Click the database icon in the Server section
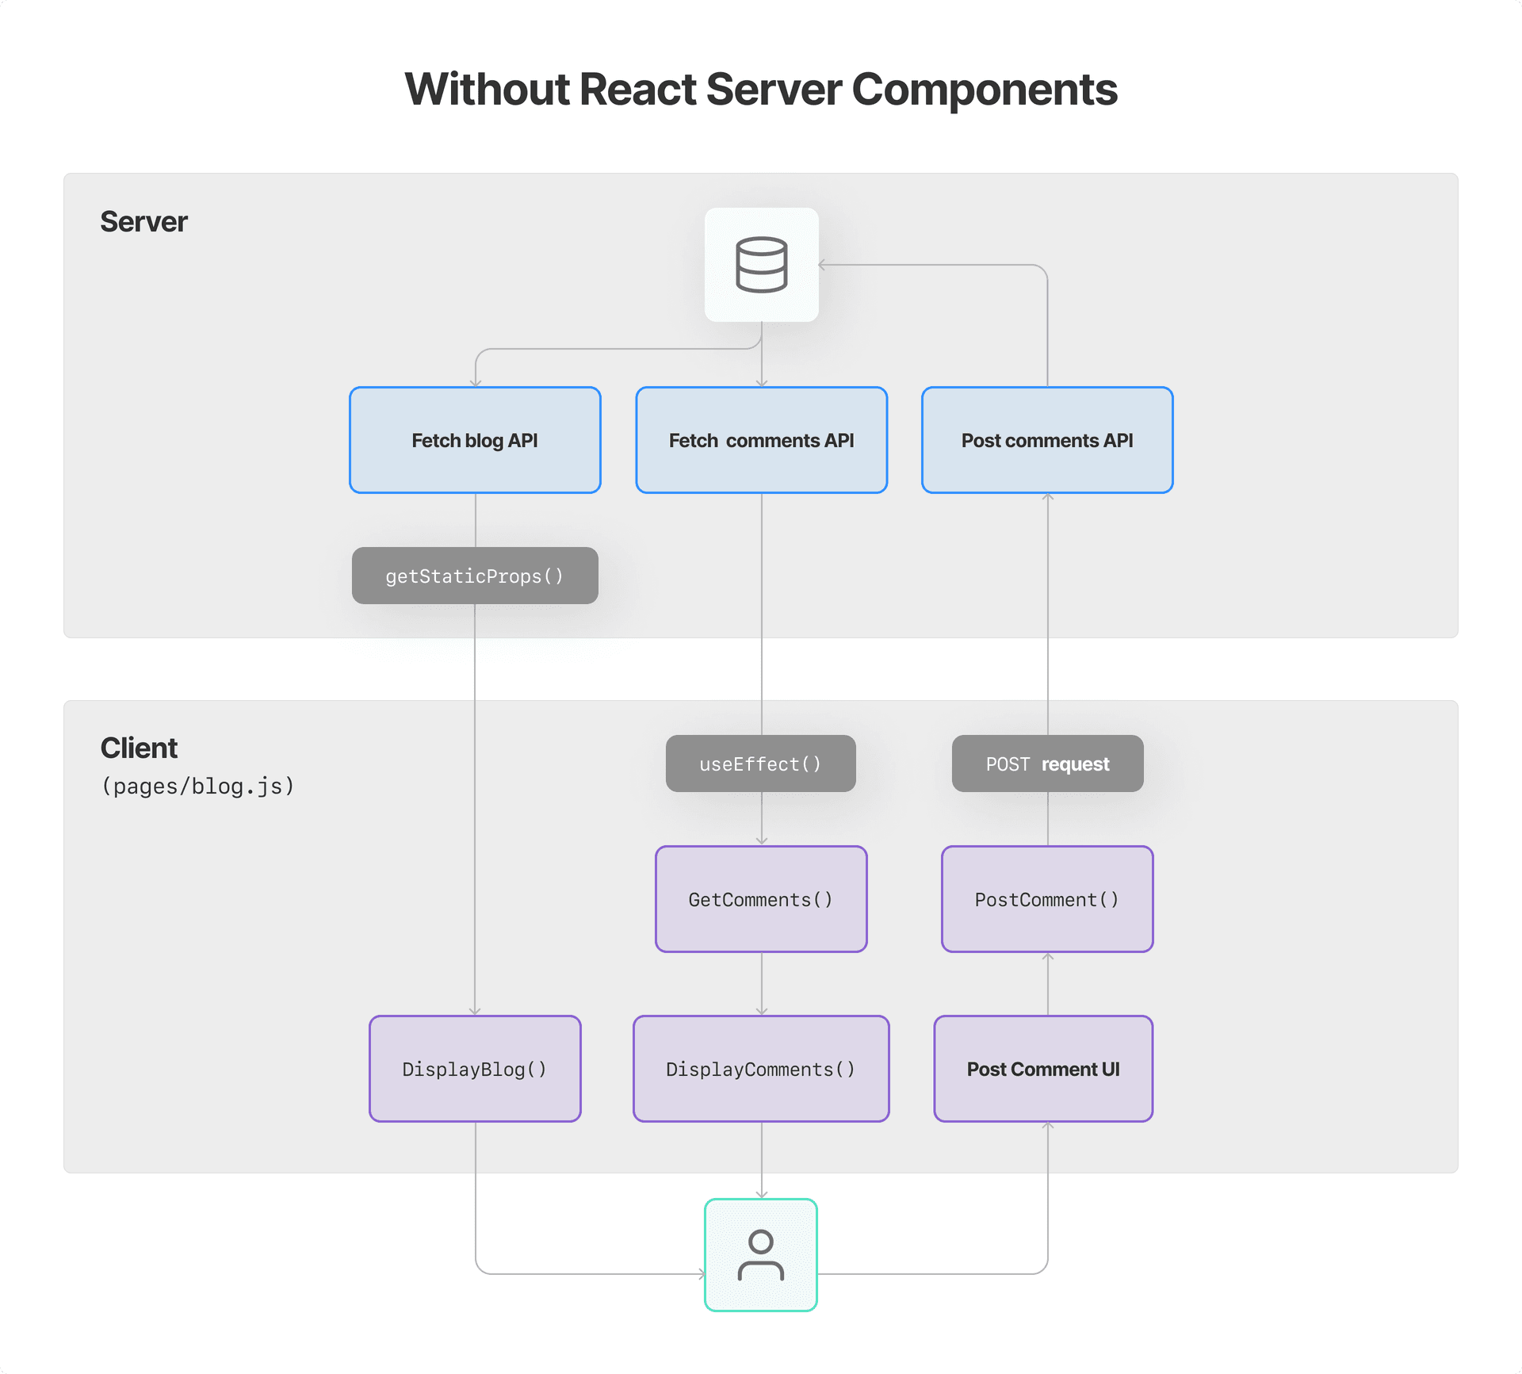click(761, 265)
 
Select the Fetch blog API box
click(475, 440)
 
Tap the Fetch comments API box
click(761, 440)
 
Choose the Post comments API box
click(1047, 440)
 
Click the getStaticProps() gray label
click(475, 576)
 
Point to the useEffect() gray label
click(760, 764)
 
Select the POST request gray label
click(1047, 764)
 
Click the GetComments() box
click(761, 899)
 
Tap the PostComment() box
click(1047, 899)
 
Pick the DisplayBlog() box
click(475, 1069)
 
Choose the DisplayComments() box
click(761, 1069)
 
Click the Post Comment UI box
click(1043, 1069)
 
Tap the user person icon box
click(761, 1255)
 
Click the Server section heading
click(143, 222)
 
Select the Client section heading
click(139, 748)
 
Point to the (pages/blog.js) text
click(198, 787)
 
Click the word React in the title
click(638, 90)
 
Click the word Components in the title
click(984, 90)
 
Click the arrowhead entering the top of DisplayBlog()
click(475, 1011)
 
